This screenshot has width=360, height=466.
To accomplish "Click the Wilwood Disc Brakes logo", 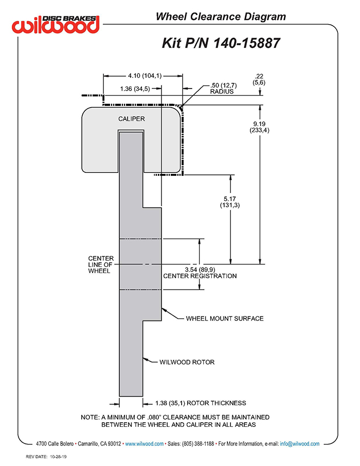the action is pos(56,24).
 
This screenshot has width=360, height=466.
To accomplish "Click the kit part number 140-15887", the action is pos(247,43).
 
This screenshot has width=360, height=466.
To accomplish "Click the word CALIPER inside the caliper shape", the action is pos(131,119).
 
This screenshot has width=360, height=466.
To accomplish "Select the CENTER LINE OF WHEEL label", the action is pos(101,264).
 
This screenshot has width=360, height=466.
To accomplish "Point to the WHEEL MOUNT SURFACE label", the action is pos(225,318).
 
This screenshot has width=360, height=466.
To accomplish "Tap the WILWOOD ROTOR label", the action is pos(187,362).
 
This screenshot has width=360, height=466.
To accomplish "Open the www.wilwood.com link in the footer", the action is pos(144,444).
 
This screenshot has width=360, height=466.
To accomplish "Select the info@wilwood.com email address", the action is pos(300,444).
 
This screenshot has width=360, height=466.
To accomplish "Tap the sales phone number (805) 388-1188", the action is pos(198,444).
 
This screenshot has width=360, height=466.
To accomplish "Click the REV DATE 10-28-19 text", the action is pos(46,457).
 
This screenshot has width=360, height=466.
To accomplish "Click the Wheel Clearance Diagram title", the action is pos(221,16).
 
